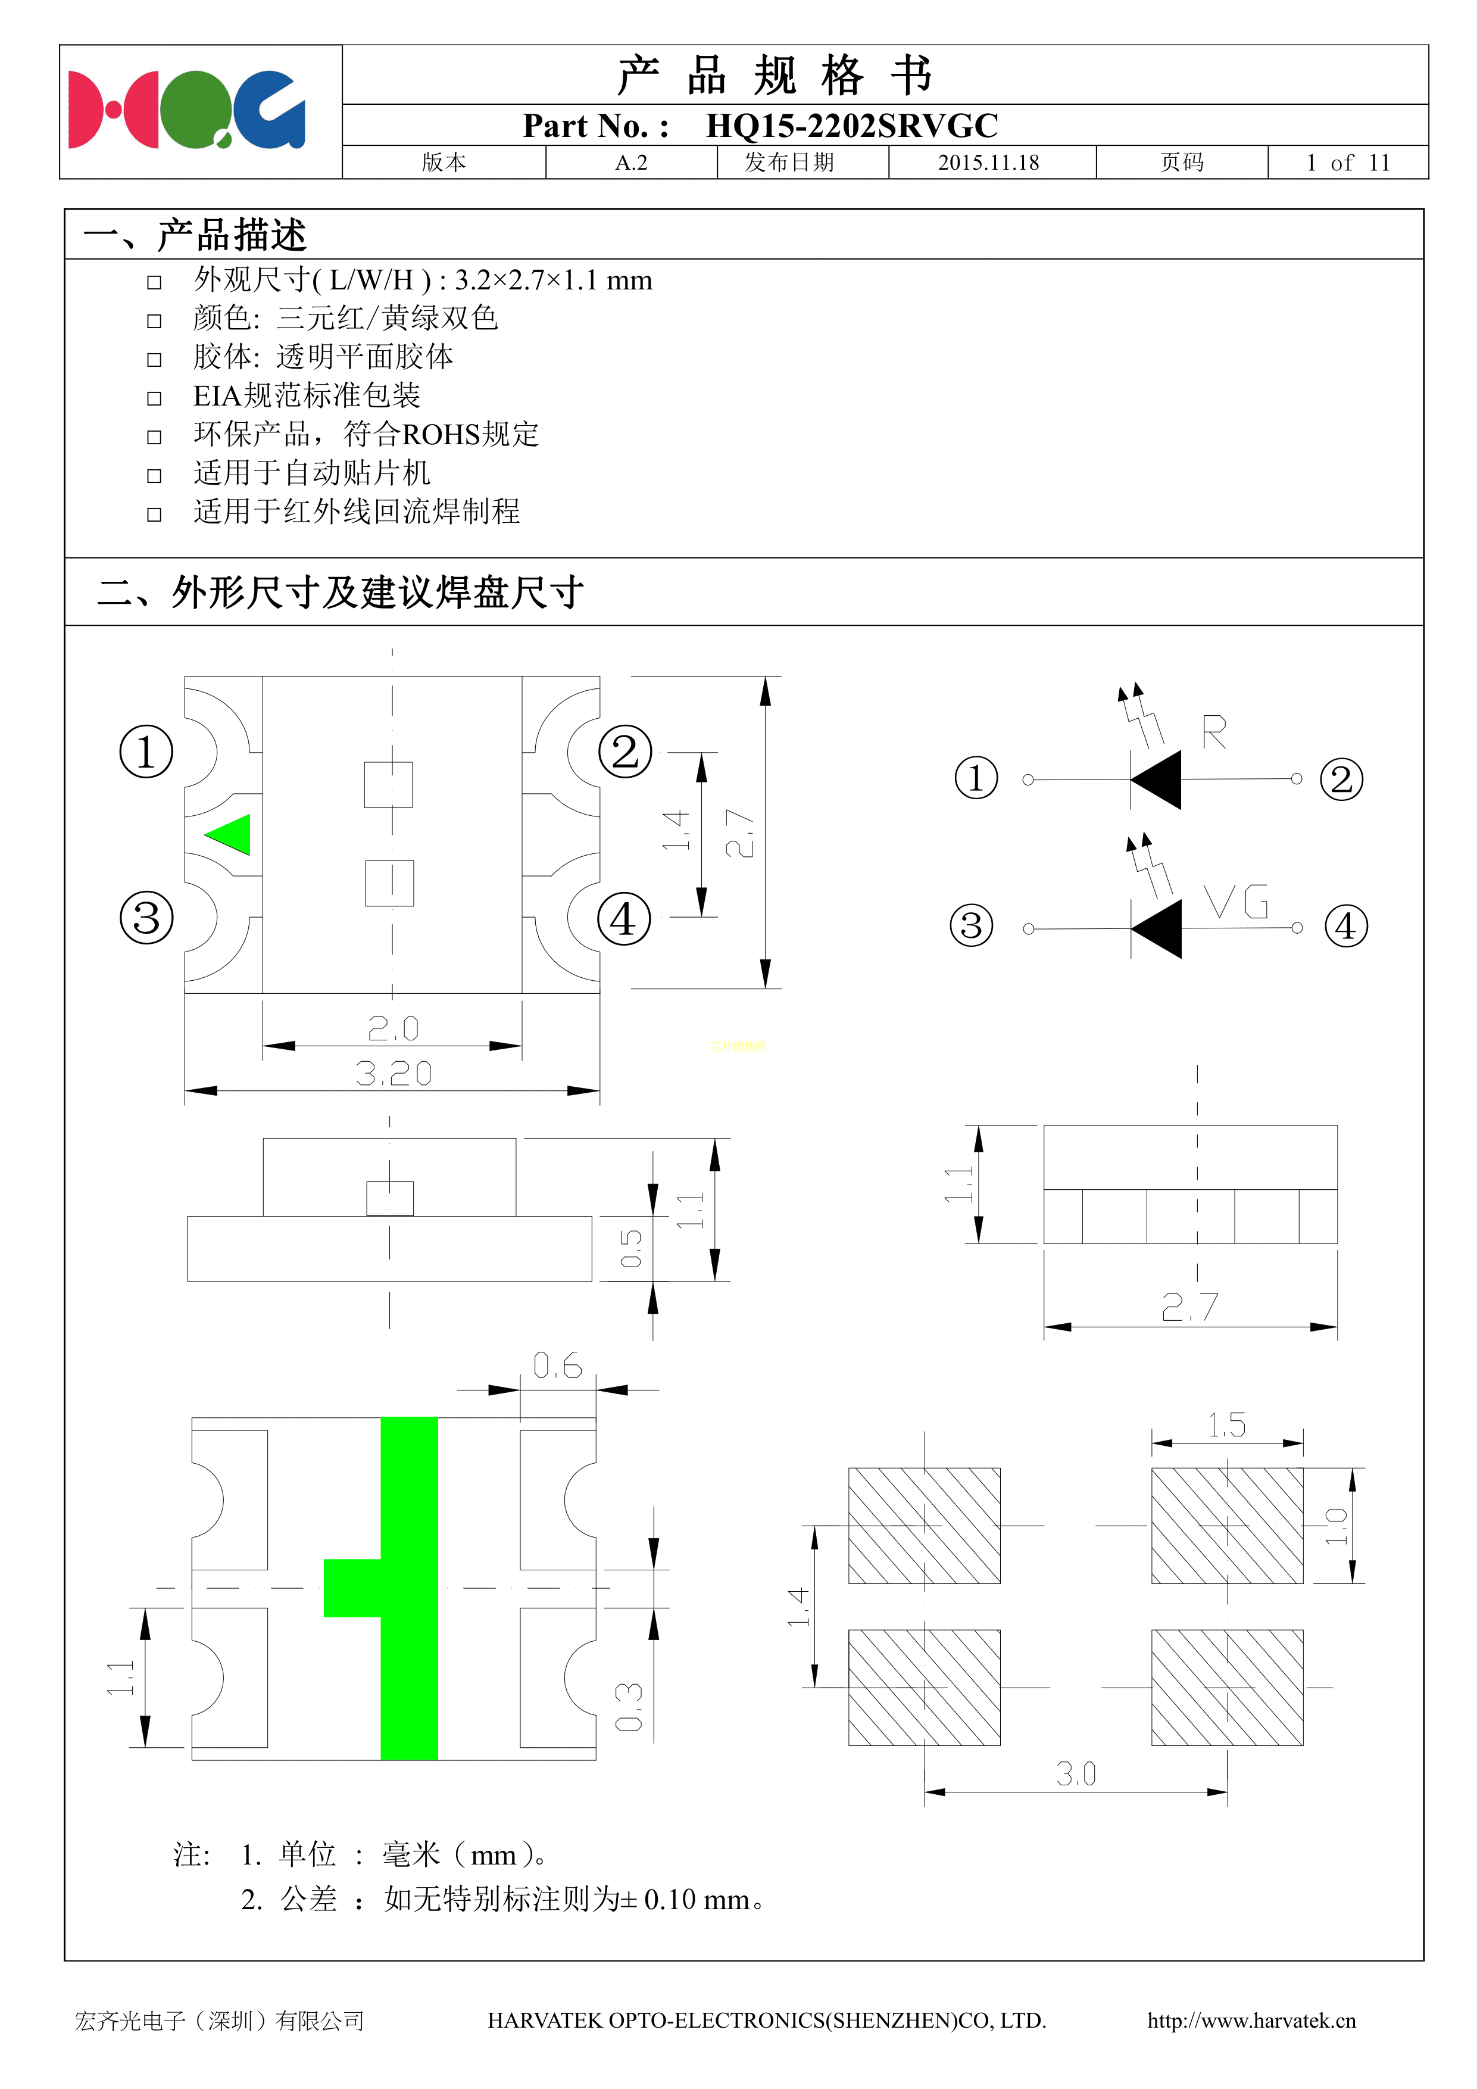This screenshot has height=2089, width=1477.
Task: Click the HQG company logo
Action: tap(186, 110)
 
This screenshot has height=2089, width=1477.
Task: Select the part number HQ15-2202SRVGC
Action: tap(851, 126)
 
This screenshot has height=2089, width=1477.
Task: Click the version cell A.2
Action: tap(631, 163)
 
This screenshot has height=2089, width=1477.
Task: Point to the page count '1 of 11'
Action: tap(1348, 163)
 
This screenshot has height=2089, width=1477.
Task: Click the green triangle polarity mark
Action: tap(230, 834)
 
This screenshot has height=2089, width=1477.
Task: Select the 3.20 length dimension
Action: tap(393, 1074)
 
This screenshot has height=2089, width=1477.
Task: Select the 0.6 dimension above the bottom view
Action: tap(557, 1365)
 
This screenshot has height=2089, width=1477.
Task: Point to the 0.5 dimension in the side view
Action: tap(630, 1248)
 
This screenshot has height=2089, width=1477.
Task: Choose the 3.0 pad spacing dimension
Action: tap(1076, 1773)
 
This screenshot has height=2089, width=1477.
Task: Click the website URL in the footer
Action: tap(1251, 2021)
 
